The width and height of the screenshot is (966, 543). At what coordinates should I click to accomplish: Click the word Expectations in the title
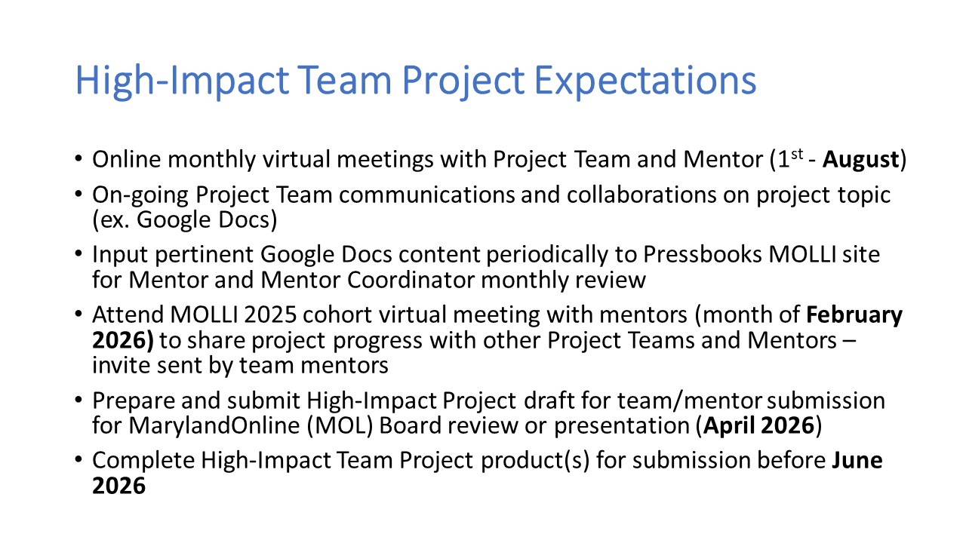click(x=645, y=81)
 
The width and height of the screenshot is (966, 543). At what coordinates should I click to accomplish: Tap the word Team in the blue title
click(x=345, y=80)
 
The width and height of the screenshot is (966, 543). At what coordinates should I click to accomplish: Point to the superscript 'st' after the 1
click(x=797, y=154)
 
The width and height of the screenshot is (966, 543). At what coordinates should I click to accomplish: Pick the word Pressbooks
click(x=703, y=254)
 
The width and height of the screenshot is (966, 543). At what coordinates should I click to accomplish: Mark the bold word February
click(x=854, y=315)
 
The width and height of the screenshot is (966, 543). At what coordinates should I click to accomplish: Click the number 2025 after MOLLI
click(x=270, y=315)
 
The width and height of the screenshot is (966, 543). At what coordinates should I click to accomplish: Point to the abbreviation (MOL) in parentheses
click(x=340, y=426)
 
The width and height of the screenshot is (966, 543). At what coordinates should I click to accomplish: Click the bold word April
click(x=728, y=426)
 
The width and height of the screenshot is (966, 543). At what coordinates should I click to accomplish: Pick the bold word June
click(x=857, y=460)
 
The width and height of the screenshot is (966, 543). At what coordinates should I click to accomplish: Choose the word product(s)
click(x=535, y=461)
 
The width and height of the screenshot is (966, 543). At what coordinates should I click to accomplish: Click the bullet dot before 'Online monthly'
click(x=78, y=158)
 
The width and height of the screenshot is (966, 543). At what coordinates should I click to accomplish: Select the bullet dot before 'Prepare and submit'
click(x=78, y=400)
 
